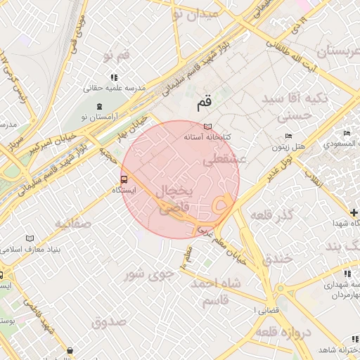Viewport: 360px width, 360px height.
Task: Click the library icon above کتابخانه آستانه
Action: (207, 127)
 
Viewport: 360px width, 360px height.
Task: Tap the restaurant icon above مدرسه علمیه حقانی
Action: (113, 77)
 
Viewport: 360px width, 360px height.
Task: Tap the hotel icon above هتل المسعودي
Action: (346, 133)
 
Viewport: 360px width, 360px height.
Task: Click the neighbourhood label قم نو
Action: (116, 55)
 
